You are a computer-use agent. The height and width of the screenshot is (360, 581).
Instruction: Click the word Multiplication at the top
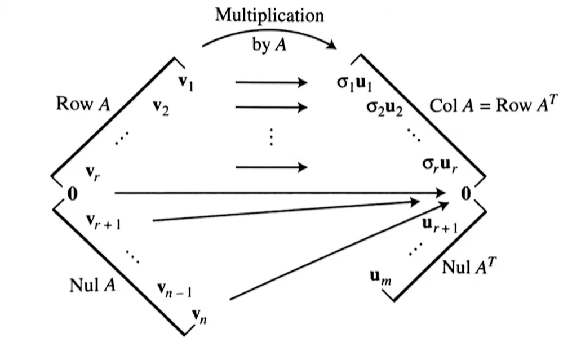tap(269, 15)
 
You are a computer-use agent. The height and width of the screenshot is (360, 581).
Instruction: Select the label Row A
tap(83, 104)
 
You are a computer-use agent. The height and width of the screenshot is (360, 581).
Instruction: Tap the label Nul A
tap(92, 285)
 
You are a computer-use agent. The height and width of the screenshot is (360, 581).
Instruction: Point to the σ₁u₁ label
tap(354, 83)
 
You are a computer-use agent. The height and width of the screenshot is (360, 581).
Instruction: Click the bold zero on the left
tap(72, 194)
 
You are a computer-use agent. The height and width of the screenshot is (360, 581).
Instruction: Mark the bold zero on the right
tap(465, 194)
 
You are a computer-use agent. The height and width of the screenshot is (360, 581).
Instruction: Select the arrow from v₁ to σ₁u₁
tap(271, 83)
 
